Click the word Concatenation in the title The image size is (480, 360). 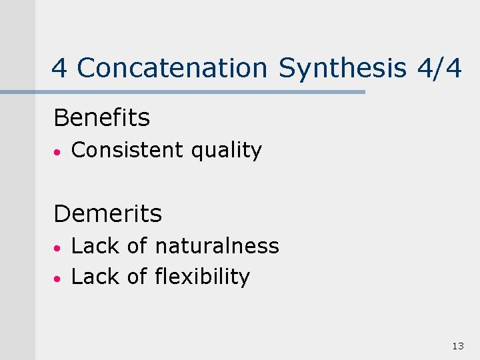(172, 68)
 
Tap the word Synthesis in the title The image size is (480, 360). (342, 68)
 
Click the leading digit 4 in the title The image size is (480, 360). (59, 68)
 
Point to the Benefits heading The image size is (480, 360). (101, 118)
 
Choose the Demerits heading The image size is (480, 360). (107, 214)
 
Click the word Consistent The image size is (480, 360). (127, 151)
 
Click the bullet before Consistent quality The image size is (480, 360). (59, 152)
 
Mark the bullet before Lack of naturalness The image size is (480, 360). (59, 247)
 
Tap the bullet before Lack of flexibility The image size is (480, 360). (59, 277)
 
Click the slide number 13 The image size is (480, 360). (457, 345)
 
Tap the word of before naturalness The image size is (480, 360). (137, 246)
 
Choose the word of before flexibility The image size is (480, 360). (137, 277)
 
